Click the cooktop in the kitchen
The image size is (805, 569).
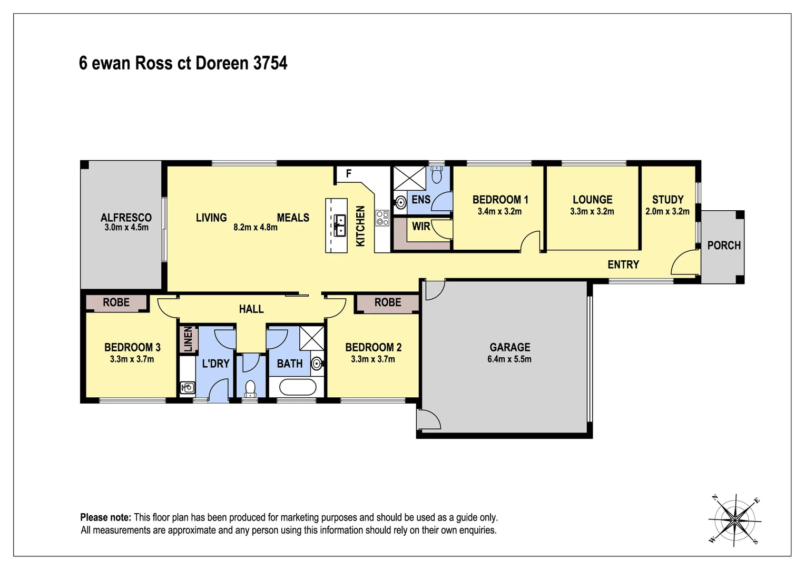(382, 218)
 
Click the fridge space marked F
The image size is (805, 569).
(348, 173)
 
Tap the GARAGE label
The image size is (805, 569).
(509, 347)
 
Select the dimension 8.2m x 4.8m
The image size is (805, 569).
(256, 228)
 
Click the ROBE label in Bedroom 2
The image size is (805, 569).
(388, 302)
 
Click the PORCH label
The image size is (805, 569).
(724, 246)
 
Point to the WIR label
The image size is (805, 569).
(421, 227)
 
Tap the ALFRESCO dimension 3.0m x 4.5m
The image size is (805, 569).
(126, 228)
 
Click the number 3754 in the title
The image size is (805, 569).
(270, 63)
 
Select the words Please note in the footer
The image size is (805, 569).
(105, 517)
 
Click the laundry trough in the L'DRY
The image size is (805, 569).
(188, 388)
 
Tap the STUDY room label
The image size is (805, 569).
(667, 200)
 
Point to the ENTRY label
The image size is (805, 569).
(623, 264)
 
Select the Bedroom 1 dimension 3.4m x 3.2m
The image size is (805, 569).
(499, 211)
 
